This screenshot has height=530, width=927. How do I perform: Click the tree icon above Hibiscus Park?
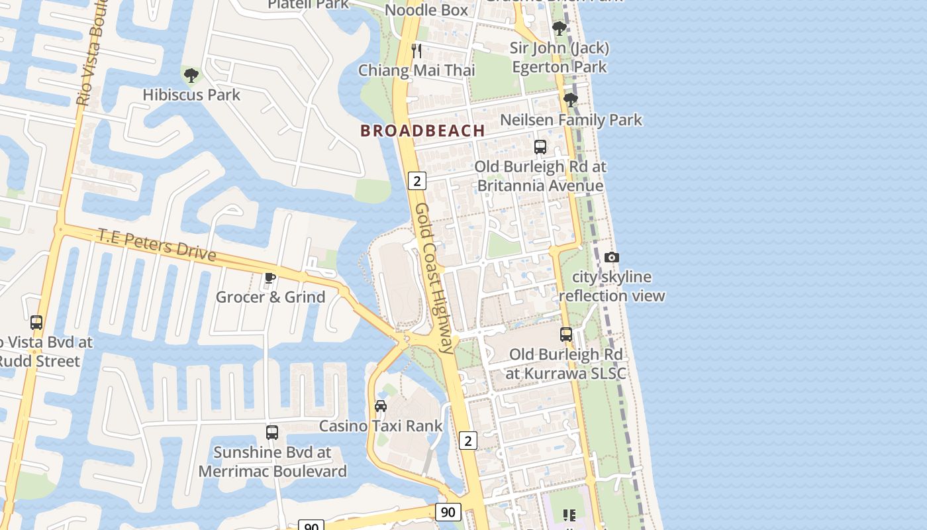pos(191,76)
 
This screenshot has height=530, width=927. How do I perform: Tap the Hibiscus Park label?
pos(191,95)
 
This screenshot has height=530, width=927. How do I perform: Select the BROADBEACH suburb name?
pos(422,131)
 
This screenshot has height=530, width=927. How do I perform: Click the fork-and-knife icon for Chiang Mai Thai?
pos(416,51)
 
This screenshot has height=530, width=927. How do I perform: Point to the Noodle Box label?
pos(426,10)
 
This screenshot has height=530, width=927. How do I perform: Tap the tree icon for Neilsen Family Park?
pos(570,101)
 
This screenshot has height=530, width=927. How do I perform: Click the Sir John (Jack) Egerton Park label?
pos(560,58)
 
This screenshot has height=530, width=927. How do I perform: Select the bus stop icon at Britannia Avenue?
pos(540,147)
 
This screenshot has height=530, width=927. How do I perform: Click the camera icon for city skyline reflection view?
pos(612,258)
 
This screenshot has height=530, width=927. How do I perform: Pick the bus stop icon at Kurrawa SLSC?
pos(566,335)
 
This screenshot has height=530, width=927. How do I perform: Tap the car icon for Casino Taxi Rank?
pos(381,406)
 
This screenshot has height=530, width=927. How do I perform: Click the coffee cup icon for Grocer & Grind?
pos(269,278)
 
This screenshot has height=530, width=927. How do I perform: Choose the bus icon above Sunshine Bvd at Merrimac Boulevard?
pos(272,433)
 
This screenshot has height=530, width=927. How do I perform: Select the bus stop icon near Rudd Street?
pos(36,323)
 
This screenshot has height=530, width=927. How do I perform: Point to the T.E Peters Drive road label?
pos(157,244)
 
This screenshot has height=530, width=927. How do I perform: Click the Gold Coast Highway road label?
pos(436,278)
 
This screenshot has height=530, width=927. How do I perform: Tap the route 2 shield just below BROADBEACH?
pos(416,180)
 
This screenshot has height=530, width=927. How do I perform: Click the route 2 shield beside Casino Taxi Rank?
pos(468,440)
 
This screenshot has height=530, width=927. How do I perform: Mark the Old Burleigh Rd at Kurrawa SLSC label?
pos(565,364)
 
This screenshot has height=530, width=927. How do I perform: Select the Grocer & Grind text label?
pos(270,297)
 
